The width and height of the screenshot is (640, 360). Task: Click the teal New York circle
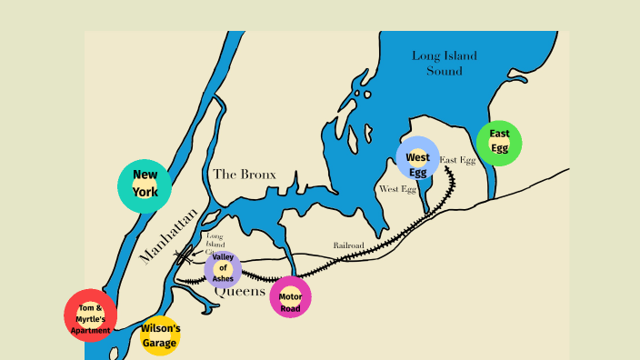coord(145,186)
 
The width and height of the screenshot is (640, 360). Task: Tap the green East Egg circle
coord(499,143)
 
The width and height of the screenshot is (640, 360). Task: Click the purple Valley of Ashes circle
coord(223,269)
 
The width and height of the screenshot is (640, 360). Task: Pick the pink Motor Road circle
coord(291,297)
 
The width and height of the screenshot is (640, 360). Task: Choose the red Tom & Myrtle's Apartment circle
coord(91,315)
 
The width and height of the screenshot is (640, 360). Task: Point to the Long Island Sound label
coord(445,63)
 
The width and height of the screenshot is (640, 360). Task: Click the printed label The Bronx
coord(244,174)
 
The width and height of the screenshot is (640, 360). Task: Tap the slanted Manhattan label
coord(168,235)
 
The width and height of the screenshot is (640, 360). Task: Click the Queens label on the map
coord(246,292)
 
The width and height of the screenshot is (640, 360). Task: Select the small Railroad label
coord(348,245)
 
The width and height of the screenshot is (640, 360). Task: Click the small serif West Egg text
coord(397,189)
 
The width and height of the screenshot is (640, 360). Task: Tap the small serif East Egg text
coord(457,160)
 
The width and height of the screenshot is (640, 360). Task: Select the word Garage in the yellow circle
coord(160,344)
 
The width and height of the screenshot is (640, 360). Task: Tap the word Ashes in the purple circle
coord(223,278)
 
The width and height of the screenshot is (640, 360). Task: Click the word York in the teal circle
coord(145,193)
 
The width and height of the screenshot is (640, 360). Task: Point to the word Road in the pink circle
coord(291,307)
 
